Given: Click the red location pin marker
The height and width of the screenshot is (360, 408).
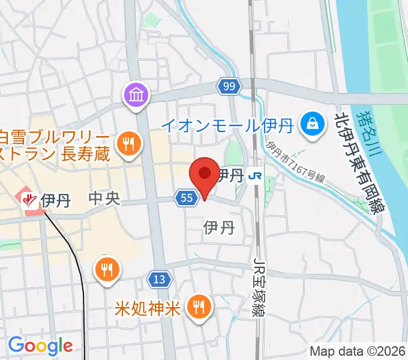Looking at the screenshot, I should click(x=203, y=175).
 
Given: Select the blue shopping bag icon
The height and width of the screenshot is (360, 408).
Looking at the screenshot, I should click(x=313, y=124).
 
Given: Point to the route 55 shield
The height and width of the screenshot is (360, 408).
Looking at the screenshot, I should click(x=187, y=197).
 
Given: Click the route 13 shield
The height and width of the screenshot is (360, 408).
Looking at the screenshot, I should click(x=159, y=279).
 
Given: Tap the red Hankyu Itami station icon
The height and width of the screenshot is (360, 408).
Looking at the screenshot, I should click(x=28, y=199).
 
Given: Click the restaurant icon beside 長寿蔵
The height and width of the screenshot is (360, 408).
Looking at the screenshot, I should click(x=128, y=143).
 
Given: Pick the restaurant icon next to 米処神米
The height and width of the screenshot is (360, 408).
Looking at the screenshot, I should click(x=197, y=308).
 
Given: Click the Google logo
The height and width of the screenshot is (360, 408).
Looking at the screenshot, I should click(x=40, y=346).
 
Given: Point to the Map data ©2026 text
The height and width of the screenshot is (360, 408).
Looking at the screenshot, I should click(x=356, y=352).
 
